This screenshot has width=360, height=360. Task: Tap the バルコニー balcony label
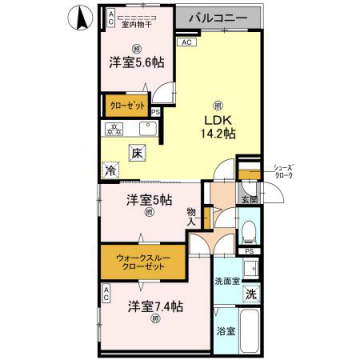click(x=219, y=18)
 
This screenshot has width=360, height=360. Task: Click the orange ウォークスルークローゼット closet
click(x=144, y=268)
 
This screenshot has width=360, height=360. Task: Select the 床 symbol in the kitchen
click(x=135, y=152)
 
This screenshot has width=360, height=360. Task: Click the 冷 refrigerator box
click(x=111, y=170)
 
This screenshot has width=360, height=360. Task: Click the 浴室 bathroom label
click(x=227, y=331)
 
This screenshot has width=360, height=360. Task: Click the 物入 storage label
click(x=191, y=215)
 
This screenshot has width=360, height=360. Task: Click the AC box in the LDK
click(x=186, y=43)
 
